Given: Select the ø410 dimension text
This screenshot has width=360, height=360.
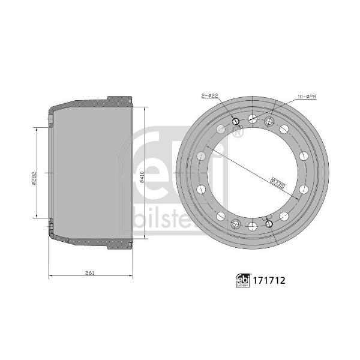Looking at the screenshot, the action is (x=142, y=177).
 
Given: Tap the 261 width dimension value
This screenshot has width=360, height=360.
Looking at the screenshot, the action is (x=90, y=273).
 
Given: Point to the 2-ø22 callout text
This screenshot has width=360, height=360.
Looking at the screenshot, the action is (x=209, y=96).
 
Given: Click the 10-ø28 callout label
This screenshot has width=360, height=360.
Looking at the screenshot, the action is (x=307, y=97).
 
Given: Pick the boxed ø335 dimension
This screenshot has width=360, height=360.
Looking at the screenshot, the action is (x=277, y=183).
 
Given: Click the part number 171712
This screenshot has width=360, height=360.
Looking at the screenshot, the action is (x=269, y=281).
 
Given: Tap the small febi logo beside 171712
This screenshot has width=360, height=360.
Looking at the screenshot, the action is (x=243, y=281).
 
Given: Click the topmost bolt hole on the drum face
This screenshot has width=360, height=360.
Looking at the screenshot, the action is (x=253, y=118).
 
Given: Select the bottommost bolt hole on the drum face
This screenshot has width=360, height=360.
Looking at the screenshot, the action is (x=253, y=227).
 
